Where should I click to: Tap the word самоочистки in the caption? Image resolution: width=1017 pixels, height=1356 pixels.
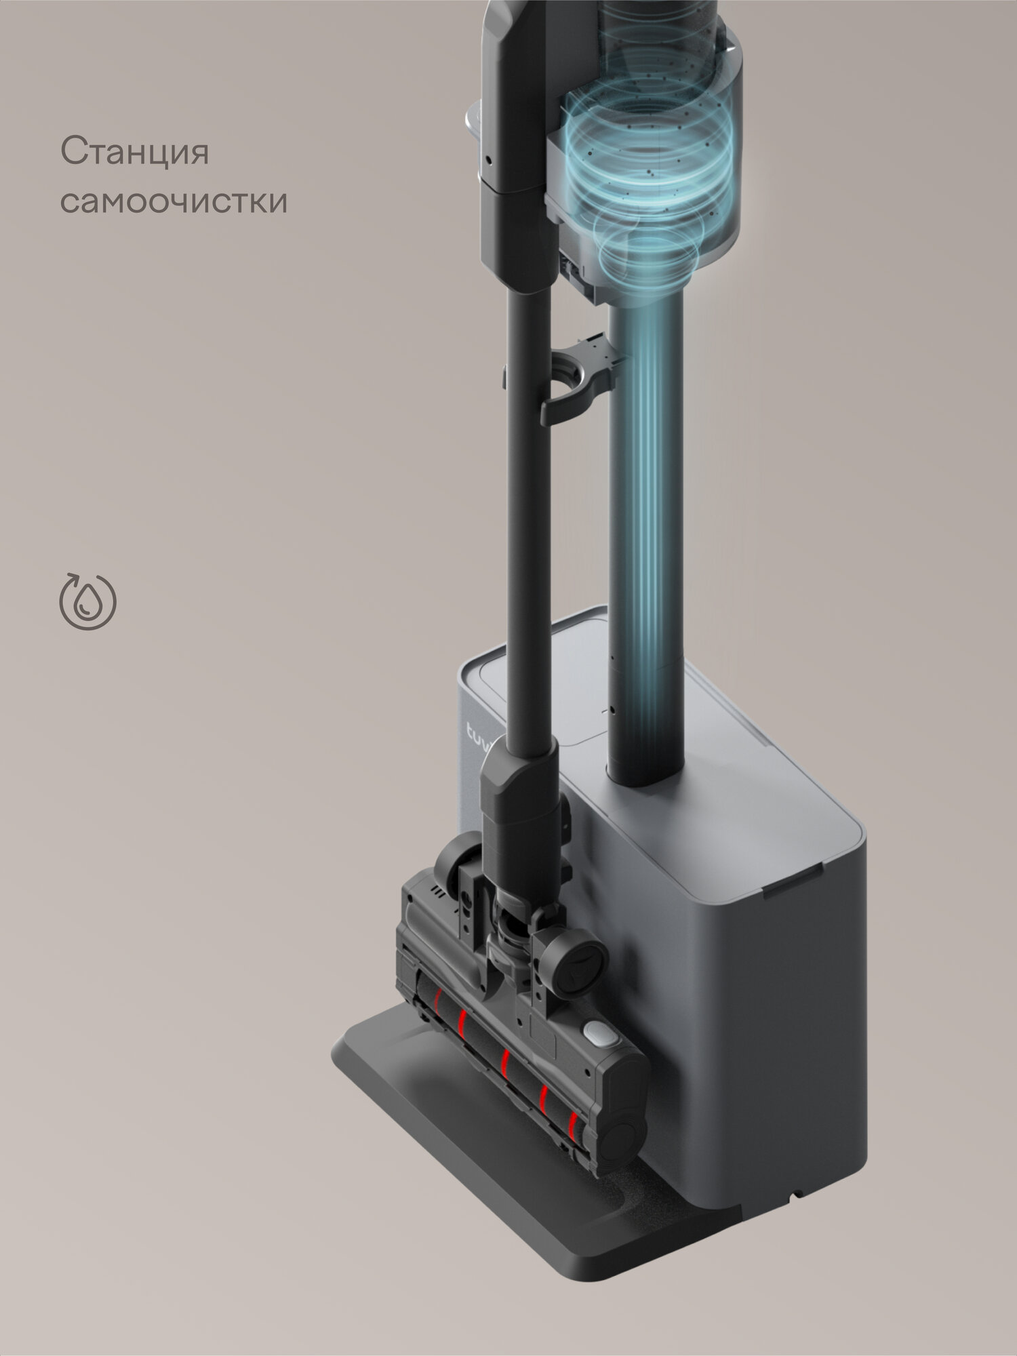tap(174, 201)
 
